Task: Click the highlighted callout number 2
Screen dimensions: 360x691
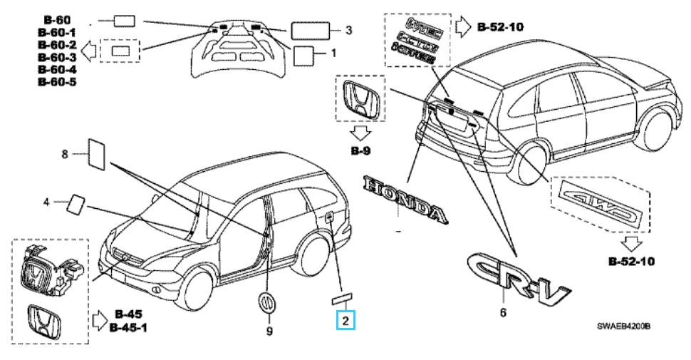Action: click(x=345, y=320)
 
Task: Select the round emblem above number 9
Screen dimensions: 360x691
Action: click(x=266, y=302)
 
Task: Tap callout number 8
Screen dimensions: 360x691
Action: click(x=64, y=153)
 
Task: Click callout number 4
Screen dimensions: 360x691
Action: click(x=46, y=202)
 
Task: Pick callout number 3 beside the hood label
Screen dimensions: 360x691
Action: click(x=348, y=30)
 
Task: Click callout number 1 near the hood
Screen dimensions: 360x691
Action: click(x=333, y=53)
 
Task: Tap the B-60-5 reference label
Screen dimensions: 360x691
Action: click(x=57, y=82)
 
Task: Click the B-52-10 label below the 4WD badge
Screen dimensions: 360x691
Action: click(x=636, y=261)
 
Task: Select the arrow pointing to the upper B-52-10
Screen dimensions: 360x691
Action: click(x=464, y=28)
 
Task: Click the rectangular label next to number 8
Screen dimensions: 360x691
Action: click(x=96, y=155)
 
